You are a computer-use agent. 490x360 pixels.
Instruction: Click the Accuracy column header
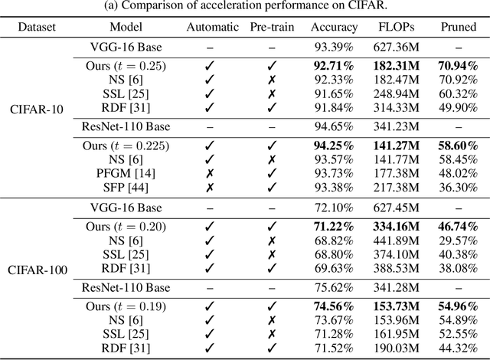(x=334, y=27)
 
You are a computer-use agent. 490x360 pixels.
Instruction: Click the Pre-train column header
(x=271, y=27)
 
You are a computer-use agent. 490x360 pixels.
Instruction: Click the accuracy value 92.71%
(x=334, y=67)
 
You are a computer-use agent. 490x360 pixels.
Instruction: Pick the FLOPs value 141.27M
(x=395, y=146)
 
